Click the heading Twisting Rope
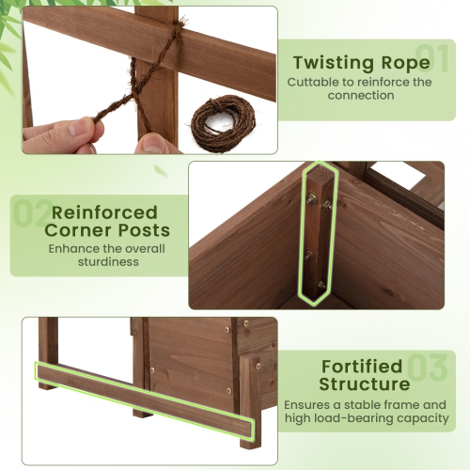[x=362, y=63]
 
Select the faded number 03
[x=428, y=368]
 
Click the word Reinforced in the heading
[x=104, y=212]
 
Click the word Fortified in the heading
[x=362, y=366]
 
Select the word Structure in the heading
[x=364, y=384]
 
